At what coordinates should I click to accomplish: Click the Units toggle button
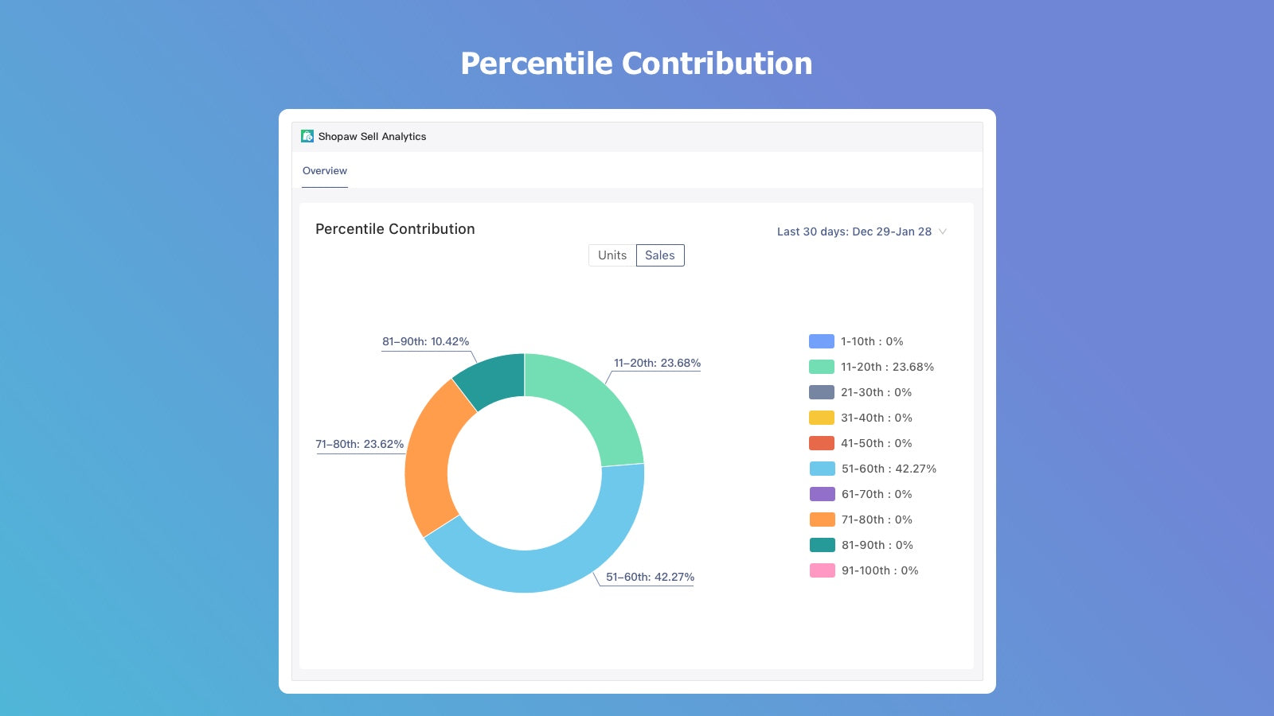(612, 255)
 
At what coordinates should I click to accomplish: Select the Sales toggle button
(660, 255)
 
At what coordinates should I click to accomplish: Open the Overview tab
(325, 171)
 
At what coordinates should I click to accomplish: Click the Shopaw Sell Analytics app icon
(307, 136)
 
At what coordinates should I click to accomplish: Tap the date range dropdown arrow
(943, 232)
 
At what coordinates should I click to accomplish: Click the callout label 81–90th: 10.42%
(425, 342)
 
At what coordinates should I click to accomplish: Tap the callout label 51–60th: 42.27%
(650, 577)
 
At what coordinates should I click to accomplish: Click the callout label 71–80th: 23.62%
(360, 444)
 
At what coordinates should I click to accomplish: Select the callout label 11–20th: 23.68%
(657, 363)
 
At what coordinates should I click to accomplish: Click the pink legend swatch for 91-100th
(822, 570)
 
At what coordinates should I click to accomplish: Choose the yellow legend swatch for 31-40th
(822, 418)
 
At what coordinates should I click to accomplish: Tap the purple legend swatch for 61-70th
(822, 494)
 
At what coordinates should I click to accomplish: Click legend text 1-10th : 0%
(872, 341)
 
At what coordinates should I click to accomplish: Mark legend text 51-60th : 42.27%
(889, 469)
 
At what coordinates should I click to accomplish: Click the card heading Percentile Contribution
(395, 229)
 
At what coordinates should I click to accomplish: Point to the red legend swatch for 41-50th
(822, 443)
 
